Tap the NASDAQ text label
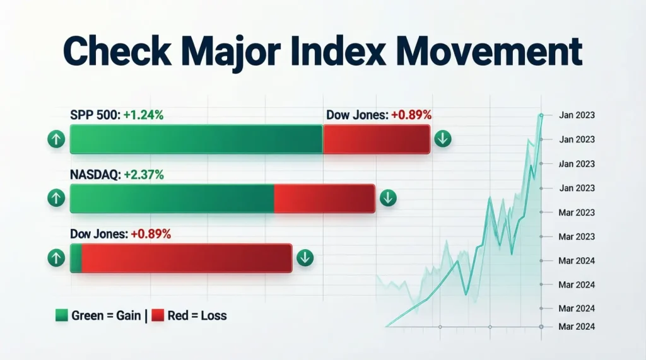pos(95,175)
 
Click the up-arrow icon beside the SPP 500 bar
pos(56,139)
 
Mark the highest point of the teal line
pos(541,115)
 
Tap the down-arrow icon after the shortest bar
pos(305,257)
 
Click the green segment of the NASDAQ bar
pos(172,199)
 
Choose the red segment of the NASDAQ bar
pos(324,199)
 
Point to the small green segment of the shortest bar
pos(76,258)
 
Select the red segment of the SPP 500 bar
pos(377,139)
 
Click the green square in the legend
pos(62,315)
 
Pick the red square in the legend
pos(157,315)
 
